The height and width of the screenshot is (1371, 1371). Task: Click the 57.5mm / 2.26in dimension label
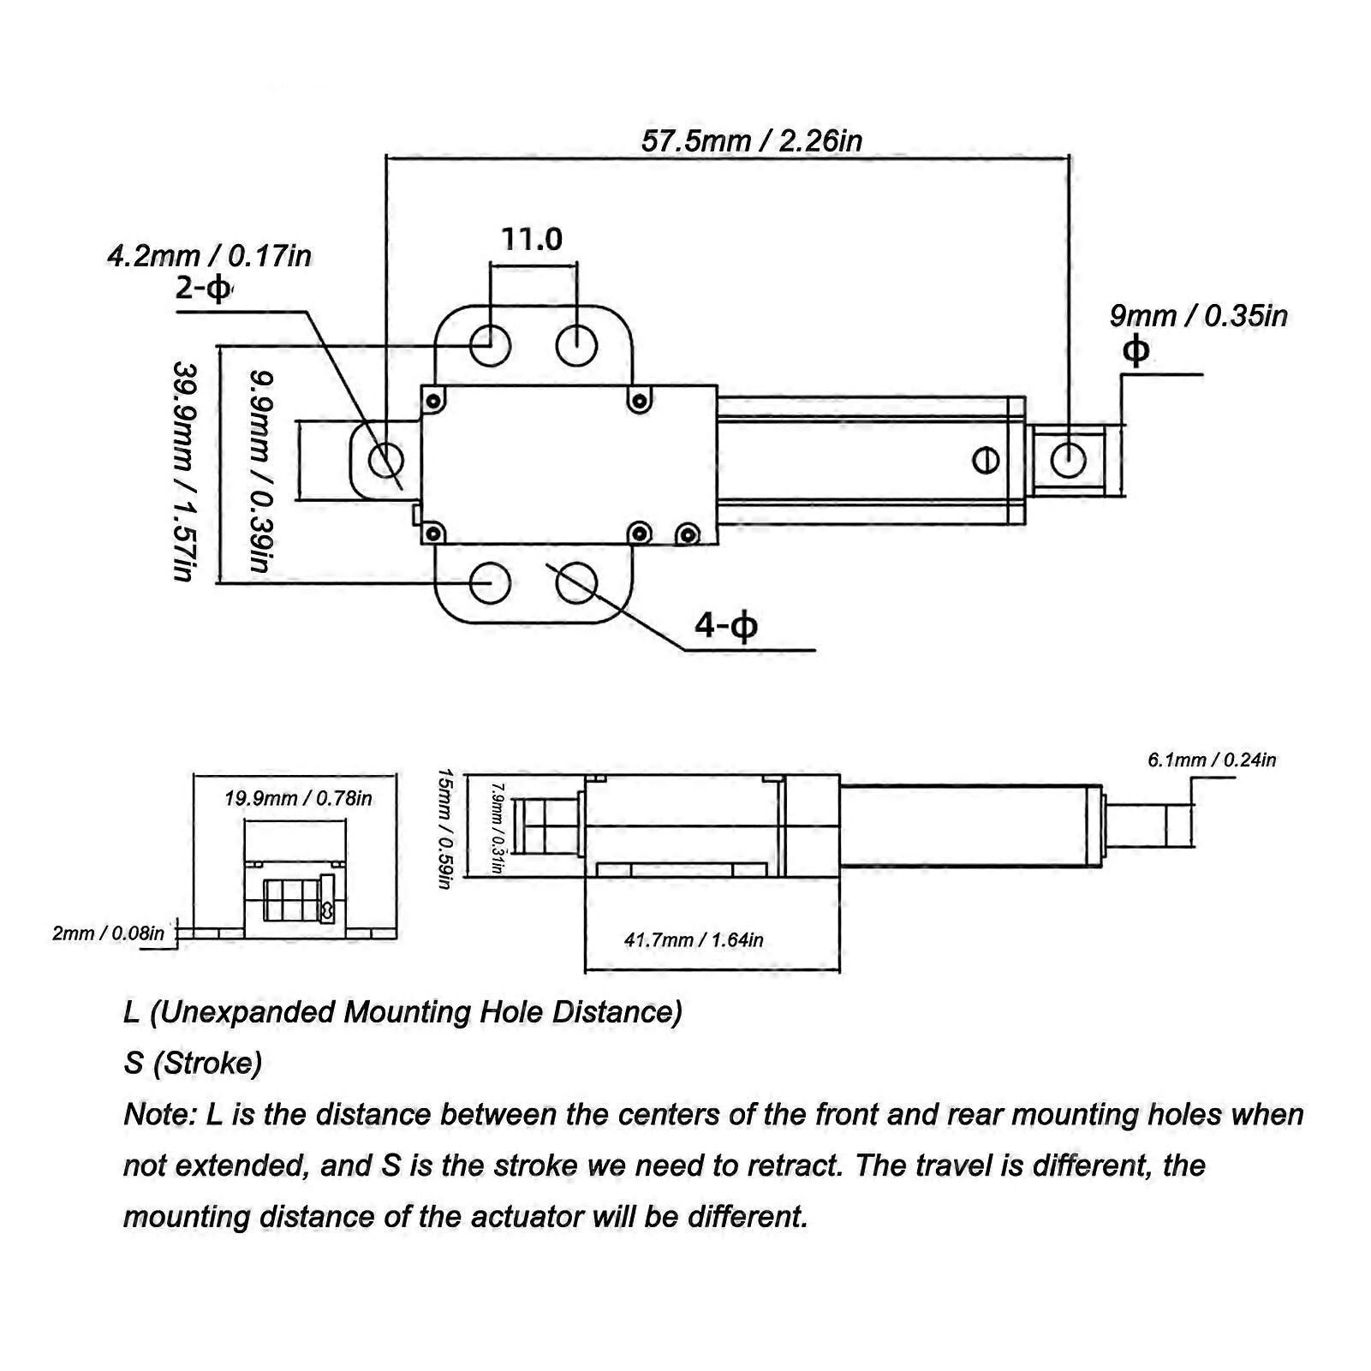point(751,140)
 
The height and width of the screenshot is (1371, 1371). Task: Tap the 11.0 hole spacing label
point(532,238)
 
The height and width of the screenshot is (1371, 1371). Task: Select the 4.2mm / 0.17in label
point(209,256)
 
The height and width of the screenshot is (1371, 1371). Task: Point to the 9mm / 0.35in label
point(1198,316)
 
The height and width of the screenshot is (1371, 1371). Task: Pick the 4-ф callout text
point(726,627)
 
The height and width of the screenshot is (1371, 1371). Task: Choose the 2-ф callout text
point(204,289)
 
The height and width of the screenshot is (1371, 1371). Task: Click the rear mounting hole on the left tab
point(385,461)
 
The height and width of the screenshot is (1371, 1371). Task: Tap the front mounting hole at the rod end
point(1068,458)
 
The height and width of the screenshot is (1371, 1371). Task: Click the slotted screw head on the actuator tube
point(987,460)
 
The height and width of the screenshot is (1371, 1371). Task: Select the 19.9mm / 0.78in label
point(298,799)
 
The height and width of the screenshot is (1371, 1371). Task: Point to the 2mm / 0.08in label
point(108,933)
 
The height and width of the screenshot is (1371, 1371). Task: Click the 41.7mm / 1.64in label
point(694,940)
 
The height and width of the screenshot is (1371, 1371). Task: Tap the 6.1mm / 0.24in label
point(1212,760)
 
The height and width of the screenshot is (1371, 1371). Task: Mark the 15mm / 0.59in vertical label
point(444,828)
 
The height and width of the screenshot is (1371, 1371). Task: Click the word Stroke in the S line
point(207,1064)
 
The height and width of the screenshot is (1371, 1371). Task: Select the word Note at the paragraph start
point(161,1114)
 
